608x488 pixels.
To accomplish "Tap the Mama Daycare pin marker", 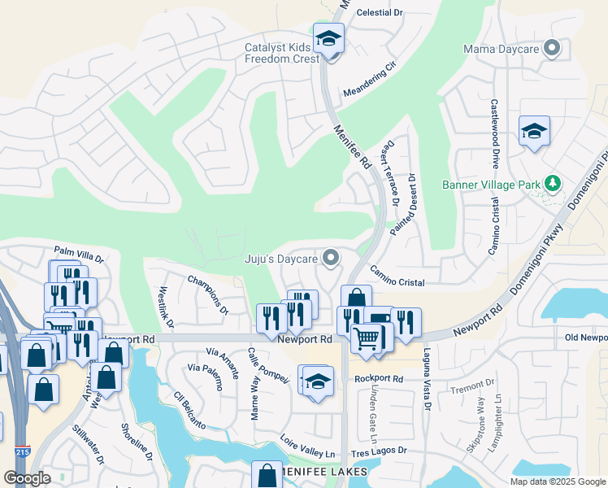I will [x=553, y=49].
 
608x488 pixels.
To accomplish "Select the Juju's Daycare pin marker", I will [x=330, y=259].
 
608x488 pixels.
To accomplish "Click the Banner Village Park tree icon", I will [x=553, y=184].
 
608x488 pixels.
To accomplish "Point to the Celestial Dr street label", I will [x=380, y=13].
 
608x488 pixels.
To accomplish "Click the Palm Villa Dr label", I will [x=79, y=255].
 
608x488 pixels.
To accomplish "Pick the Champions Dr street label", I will [x=208, y=294].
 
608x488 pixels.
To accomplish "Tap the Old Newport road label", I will [x=586, y=338].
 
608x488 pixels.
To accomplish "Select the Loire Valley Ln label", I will [x=307, y=448].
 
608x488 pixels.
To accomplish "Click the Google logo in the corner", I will [x=27, y=478].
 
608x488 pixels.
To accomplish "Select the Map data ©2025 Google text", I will [x=557, y=481].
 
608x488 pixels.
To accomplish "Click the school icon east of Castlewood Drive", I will [x=534, y=132].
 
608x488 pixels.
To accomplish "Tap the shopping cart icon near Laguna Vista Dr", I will [x=367, y=337].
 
